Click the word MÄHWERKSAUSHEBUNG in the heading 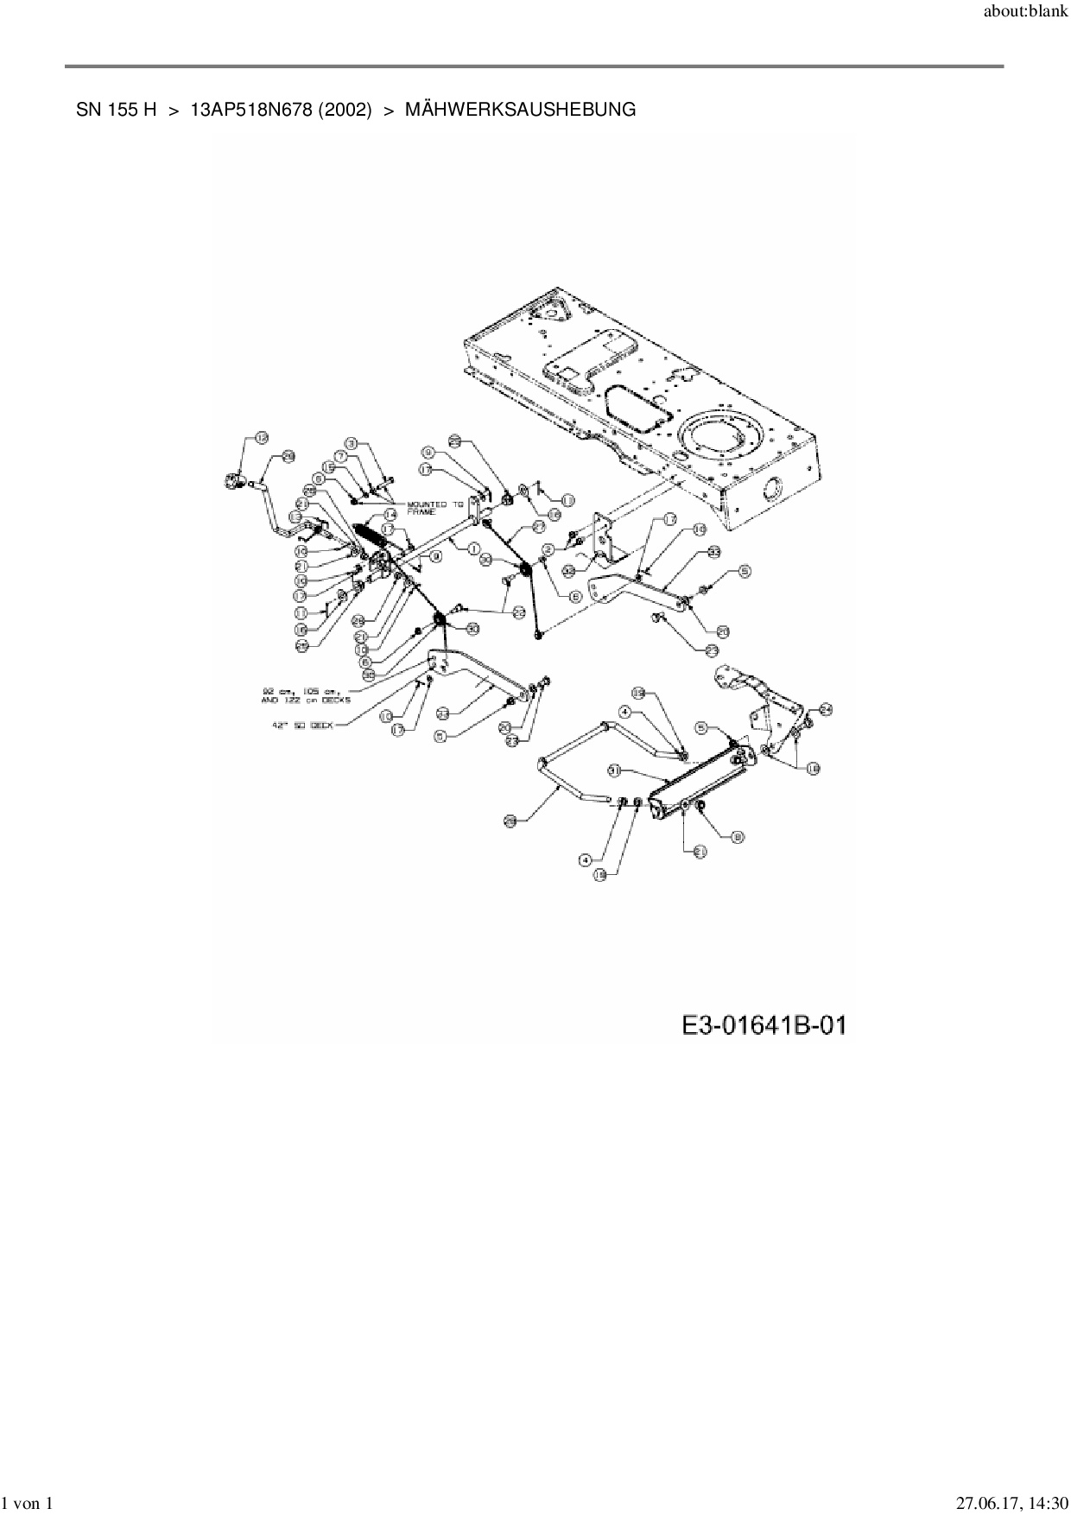pyautogui.click(x=520, y=111)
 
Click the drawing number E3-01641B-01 pyautogui.click(x=764, y=1026)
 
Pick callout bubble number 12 pyautogui.click(x=261, y=438)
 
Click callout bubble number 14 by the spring pyautogui.click(x=390, y=514)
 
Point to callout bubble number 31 pyautogui.click(x=615, y=769)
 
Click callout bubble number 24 pyautogui.click(x=825, y=709)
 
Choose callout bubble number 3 pyautogui.click(x=352, y=443)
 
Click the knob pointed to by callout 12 pyautogui.click(x=233, y=479)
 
